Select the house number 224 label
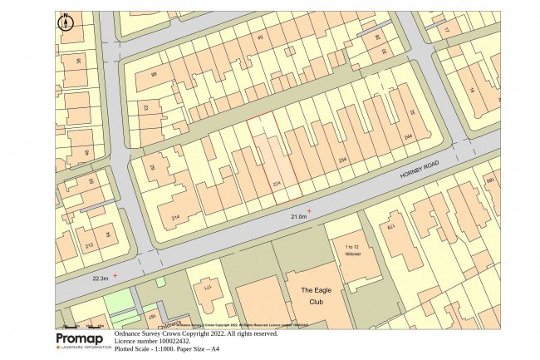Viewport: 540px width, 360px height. coord(277,184)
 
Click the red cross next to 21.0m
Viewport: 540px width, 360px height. coord(309,211)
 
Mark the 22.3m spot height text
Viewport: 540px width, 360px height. coord(100,279)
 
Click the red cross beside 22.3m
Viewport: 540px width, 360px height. coord(115,274)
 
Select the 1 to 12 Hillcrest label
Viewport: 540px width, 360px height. coord(351,251)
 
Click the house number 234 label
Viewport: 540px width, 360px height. coord(341,160)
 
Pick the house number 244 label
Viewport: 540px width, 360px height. coord(408,137)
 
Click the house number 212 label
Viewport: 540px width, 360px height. coord(88,245)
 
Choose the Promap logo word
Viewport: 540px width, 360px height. coord(83,339)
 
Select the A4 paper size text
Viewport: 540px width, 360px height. coord(214,348)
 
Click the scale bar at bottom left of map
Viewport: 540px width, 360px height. coord(83,324)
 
